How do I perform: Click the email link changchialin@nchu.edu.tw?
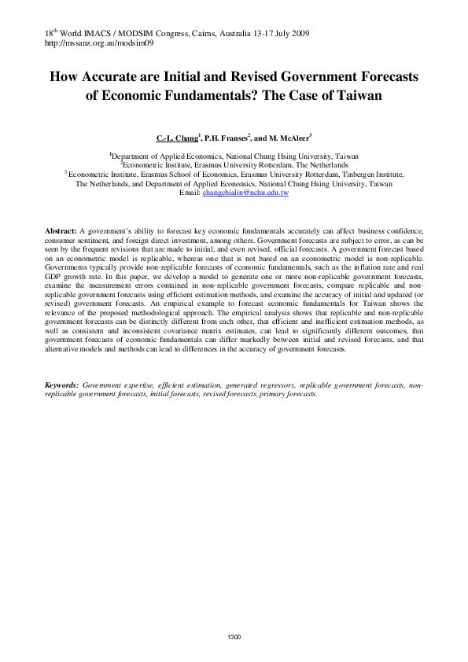click(245, 192)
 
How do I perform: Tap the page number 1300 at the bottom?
click(234, 636)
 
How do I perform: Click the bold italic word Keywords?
click(62, 385)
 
